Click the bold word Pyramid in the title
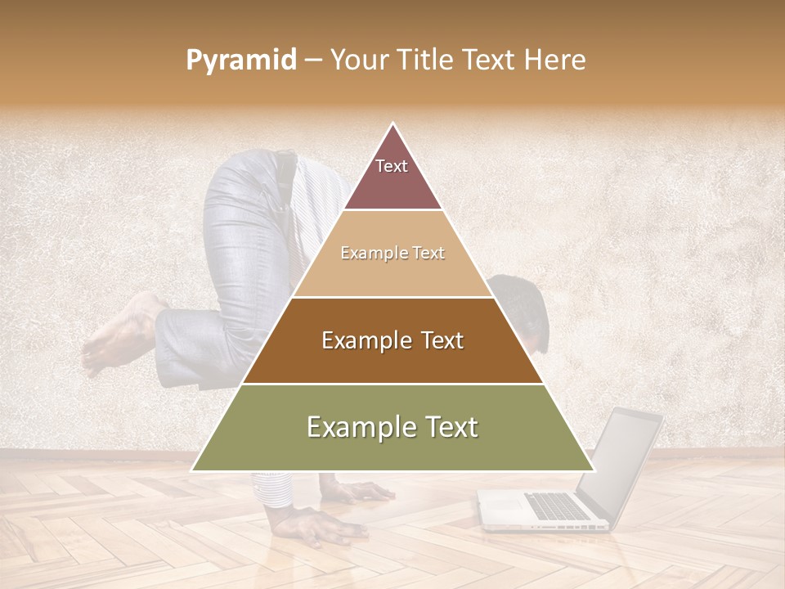point(241,61)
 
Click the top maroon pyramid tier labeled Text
point(392,176)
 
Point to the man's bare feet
point(119,335)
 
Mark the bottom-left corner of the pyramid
point(192,470)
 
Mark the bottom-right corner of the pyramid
point(594,470)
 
